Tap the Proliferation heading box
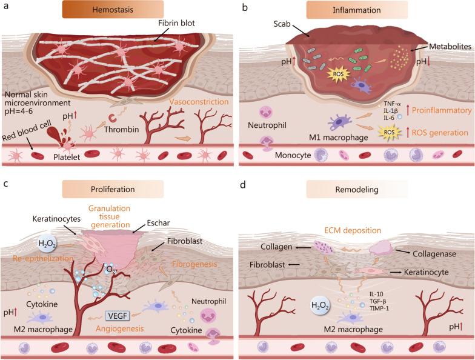pyautogui.click(x=125, y=190)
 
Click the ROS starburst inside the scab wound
pyautogui.click(x=336, y=75)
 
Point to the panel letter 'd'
pyautogui.click(x=244, y=184)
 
